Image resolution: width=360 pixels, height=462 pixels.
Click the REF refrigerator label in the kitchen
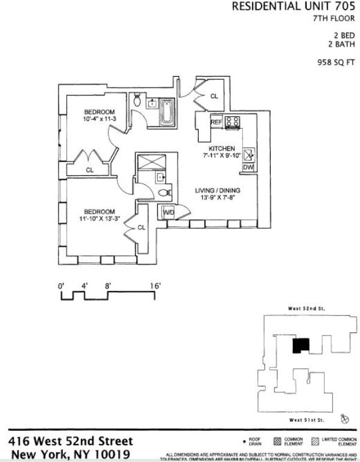[x=216, y=122]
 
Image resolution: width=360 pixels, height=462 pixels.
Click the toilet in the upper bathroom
[x=137, y=100]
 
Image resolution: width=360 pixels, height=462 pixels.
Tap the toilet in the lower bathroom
[x=163, y=193]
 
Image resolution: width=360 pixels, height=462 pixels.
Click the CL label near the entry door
[x=214, y=96]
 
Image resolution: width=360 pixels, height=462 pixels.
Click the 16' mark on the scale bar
[x=155, y=287]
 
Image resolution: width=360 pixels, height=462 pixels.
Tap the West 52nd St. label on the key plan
[x=306, y=308]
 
